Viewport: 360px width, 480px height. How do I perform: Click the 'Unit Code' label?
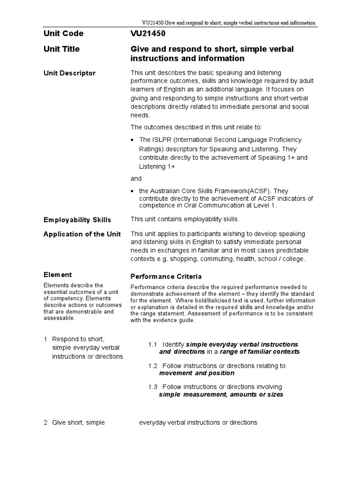point(63,34)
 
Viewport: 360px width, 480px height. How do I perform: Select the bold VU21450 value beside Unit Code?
point(148,34)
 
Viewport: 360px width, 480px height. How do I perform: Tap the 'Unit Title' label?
point(61,49)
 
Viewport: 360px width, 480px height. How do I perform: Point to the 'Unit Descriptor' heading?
point(69,73)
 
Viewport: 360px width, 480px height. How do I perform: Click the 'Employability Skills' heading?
point(77,220)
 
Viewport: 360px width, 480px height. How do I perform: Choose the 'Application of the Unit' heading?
point(82,234)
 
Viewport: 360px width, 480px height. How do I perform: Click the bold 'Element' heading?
point(58,275)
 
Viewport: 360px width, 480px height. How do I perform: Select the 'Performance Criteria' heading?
point(166,277)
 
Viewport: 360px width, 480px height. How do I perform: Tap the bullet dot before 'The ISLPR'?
point(134,140)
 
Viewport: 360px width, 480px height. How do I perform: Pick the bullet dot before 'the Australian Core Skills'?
point(134,191)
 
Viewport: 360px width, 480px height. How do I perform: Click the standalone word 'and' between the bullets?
point(135,179)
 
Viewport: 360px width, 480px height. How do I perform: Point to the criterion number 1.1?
point(153,344)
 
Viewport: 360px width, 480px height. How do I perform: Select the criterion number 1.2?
point(153,366)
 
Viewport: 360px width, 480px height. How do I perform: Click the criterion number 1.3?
point(153,387)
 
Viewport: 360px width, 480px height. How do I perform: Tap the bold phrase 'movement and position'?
point(196,373)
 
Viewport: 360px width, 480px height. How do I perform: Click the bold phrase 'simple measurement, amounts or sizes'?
point(221,394)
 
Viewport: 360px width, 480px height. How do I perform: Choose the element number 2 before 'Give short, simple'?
point(45,422)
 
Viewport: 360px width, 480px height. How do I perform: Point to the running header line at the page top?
point(228,22)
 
